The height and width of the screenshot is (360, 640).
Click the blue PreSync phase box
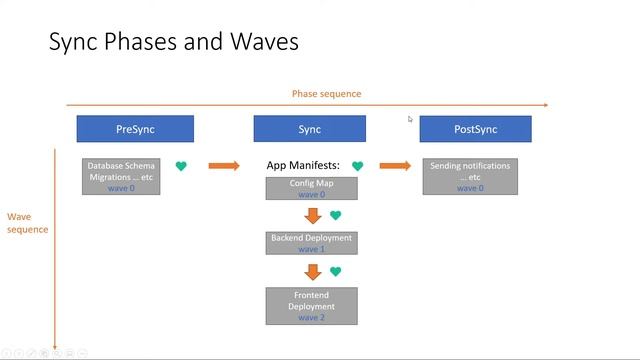click(x=135, y=129)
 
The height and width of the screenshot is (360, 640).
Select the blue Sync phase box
click(x=309, y=129)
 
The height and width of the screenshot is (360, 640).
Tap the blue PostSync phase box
click(x=475, y=129)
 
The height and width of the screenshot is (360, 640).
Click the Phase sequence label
click(x=326, y=94)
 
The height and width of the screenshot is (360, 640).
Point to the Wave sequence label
click(x=27, y=222)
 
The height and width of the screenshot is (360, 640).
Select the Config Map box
click(x=310, y=188)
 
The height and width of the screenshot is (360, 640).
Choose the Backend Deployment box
click(x=310, y=243)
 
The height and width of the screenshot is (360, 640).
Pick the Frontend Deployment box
click(x=310, y=306)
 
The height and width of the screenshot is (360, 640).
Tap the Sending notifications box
click(x=470, y=176)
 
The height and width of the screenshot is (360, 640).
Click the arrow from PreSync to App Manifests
click(x=224, y=165)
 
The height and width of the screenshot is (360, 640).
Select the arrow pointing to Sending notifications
click(x=395, y=165)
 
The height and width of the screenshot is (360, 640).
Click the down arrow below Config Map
click(x=313, y=216)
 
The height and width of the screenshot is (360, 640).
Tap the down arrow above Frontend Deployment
click(x=313, y=272)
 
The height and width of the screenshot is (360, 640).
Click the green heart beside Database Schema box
click(x=181, y=166)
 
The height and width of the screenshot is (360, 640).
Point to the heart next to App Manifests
click(x=357, y=166)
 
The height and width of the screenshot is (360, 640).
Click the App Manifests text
click(x=303, y=165)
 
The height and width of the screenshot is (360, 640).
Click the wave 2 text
click(x=310, y=317)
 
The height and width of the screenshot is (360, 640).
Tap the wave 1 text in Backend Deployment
click(x=310, y=249)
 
